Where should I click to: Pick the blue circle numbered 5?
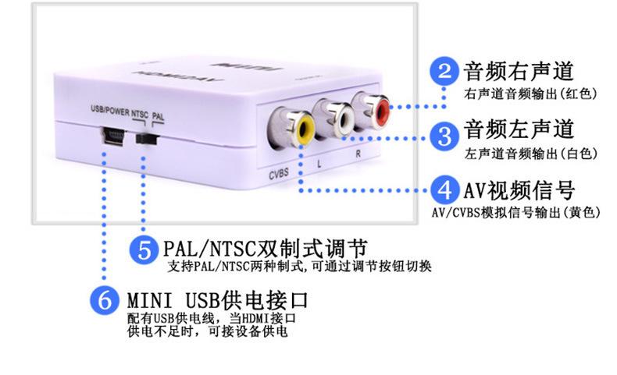145,249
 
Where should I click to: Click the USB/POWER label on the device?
109,111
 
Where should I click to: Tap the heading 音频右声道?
519,72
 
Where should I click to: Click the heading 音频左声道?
519,128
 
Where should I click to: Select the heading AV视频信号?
519,189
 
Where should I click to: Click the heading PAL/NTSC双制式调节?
266,249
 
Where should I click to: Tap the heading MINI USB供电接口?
218,300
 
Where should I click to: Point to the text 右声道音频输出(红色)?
519,94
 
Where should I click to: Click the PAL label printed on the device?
159,115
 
